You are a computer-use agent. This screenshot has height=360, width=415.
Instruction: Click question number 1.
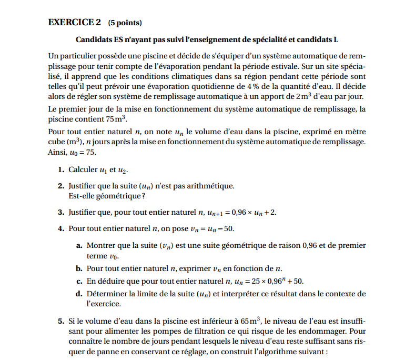tap(61, 170)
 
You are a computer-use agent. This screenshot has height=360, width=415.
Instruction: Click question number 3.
tap(61, 212)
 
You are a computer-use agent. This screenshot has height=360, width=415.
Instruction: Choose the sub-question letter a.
tap(79, 245)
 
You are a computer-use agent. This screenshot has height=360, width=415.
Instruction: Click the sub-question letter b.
tap(79, 268)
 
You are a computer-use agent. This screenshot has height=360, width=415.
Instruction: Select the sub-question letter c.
tap(79, 281)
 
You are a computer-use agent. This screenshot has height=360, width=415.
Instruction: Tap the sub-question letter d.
tap(79, 294)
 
